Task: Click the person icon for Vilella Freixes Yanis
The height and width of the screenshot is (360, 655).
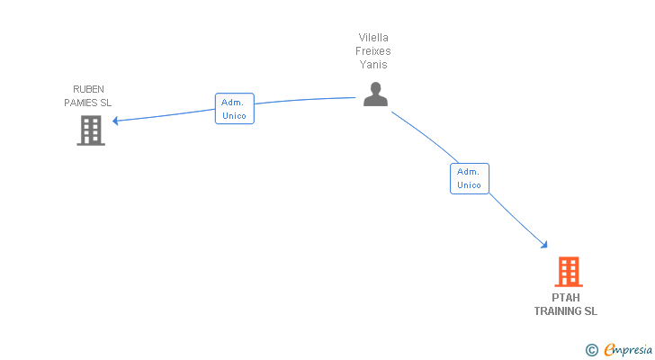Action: point(375,94)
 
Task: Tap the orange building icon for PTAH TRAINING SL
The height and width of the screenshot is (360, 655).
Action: point(568,271)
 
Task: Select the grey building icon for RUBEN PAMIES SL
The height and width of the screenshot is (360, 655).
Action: point(90,130)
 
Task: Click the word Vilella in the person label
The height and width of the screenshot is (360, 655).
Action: point(374,38)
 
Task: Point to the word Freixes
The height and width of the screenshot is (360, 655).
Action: point(374,51)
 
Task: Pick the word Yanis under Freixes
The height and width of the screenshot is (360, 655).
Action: point(374,65)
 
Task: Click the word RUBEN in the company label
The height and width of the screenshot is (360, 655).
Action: point(88,89)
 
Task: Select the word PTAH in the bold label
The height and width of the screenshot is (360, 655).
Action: point(566,298)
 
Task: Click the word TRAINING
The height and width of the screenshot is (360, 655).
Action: point(558,311)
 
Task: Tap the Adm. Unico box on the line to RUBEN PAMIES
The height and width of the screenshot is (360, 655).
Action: point(234,109)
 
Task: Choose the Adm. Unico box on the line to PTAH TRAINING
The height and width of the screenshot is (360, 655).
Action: point(469,178)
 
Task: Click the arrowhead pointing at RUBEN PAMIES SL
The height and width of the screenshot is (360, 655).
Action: point(115,121)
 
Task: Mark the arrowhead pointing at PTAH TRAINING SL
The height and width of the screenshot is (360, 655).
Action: point(543,243)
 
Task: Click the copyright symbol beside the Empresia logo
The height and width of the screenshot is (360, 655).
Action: point(591,350)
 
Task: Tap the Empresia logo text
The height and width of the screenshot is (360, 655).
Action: point(628,350)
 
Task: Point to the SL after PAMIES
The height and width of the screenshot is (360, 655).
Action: point(106,103)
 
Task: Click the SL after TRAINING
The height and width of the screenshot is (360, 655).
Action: point(590,311)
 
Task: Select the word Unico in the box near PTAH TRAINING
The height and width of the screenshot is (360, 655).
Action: point(469,185)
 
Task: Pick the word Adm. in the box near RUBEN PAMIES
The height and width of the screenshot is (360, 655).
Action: point(233,103)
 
